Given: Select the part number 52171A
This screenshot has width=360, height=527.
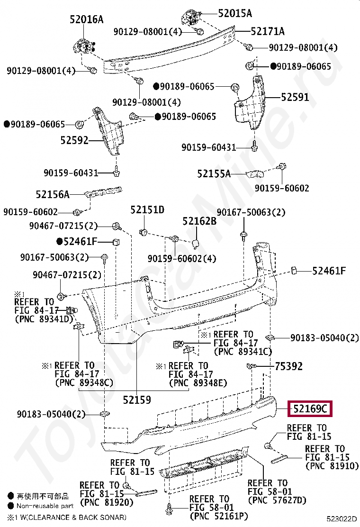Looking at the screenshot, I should point(268,31).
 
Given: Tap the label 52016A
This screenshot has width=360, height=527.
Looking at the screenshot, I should point(86,19).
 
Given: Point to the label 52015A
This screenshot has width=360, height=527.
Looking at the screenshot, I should point(235,13).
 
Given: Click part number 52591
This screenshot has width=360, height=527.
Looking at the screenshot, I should point(295,97).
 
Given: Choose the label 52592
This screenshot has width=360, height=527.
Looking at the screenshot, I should point(74,140).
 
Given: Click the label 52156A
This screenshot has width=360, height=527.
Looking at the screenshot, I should point(53,194).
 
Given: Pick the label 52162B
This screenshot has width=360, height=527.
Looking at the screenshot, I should point(199,221).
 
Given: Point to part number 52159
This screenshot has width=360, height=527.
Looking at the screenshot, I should point(137,400).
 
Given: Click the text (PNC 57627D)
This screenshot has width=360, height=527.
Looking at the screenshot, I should point(277,500).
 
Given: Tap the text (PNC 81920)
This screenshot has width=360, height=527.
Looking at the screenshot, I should point(99,502).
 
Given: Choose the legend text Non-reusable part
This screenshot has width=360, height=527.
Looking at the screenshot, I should point(45,506).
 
